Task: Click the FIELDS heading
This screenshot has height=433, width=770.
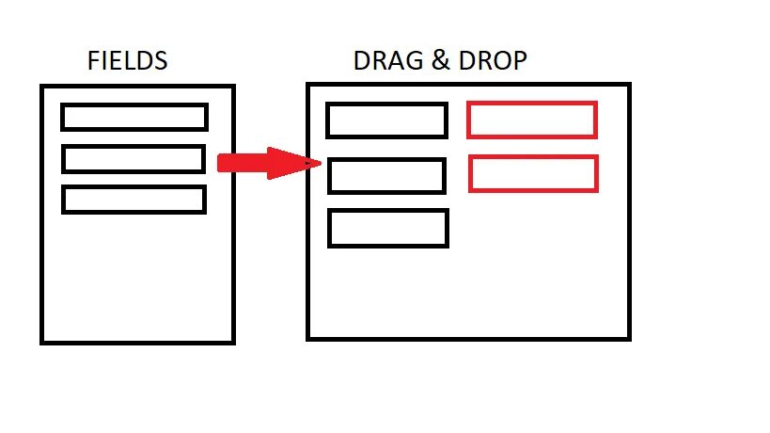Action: pos(127,62)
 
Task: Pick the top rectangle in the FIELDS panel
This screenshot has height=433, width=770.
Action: pos(134,117)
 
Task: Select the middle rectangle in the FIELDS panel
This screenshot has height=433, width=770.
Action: pos(134,159)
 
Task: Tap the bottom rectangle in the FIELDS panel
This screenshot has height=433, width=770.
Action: pos(134,200)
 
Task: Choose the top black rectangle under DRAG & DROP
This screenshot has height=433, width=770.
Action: pos(386,120)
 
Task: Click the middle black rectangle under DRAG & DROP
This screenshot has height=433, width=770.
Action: pos(386,176)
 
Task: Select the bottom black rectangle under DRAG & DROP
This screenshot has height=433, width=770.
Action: pos(388,229)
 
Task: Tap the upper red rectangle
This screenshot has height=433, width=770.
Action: pos(532,120)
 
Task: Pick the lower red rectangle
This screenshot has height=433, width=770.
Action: pos(534,173)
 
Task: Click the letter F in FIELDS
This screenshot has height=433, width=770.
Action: pos(93,62)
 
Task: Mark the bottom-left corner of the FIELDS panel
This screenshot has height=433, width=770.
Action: pos(42,342)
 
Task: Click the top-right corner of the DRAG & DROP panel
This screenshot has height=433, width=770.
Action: pos(628,85)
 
